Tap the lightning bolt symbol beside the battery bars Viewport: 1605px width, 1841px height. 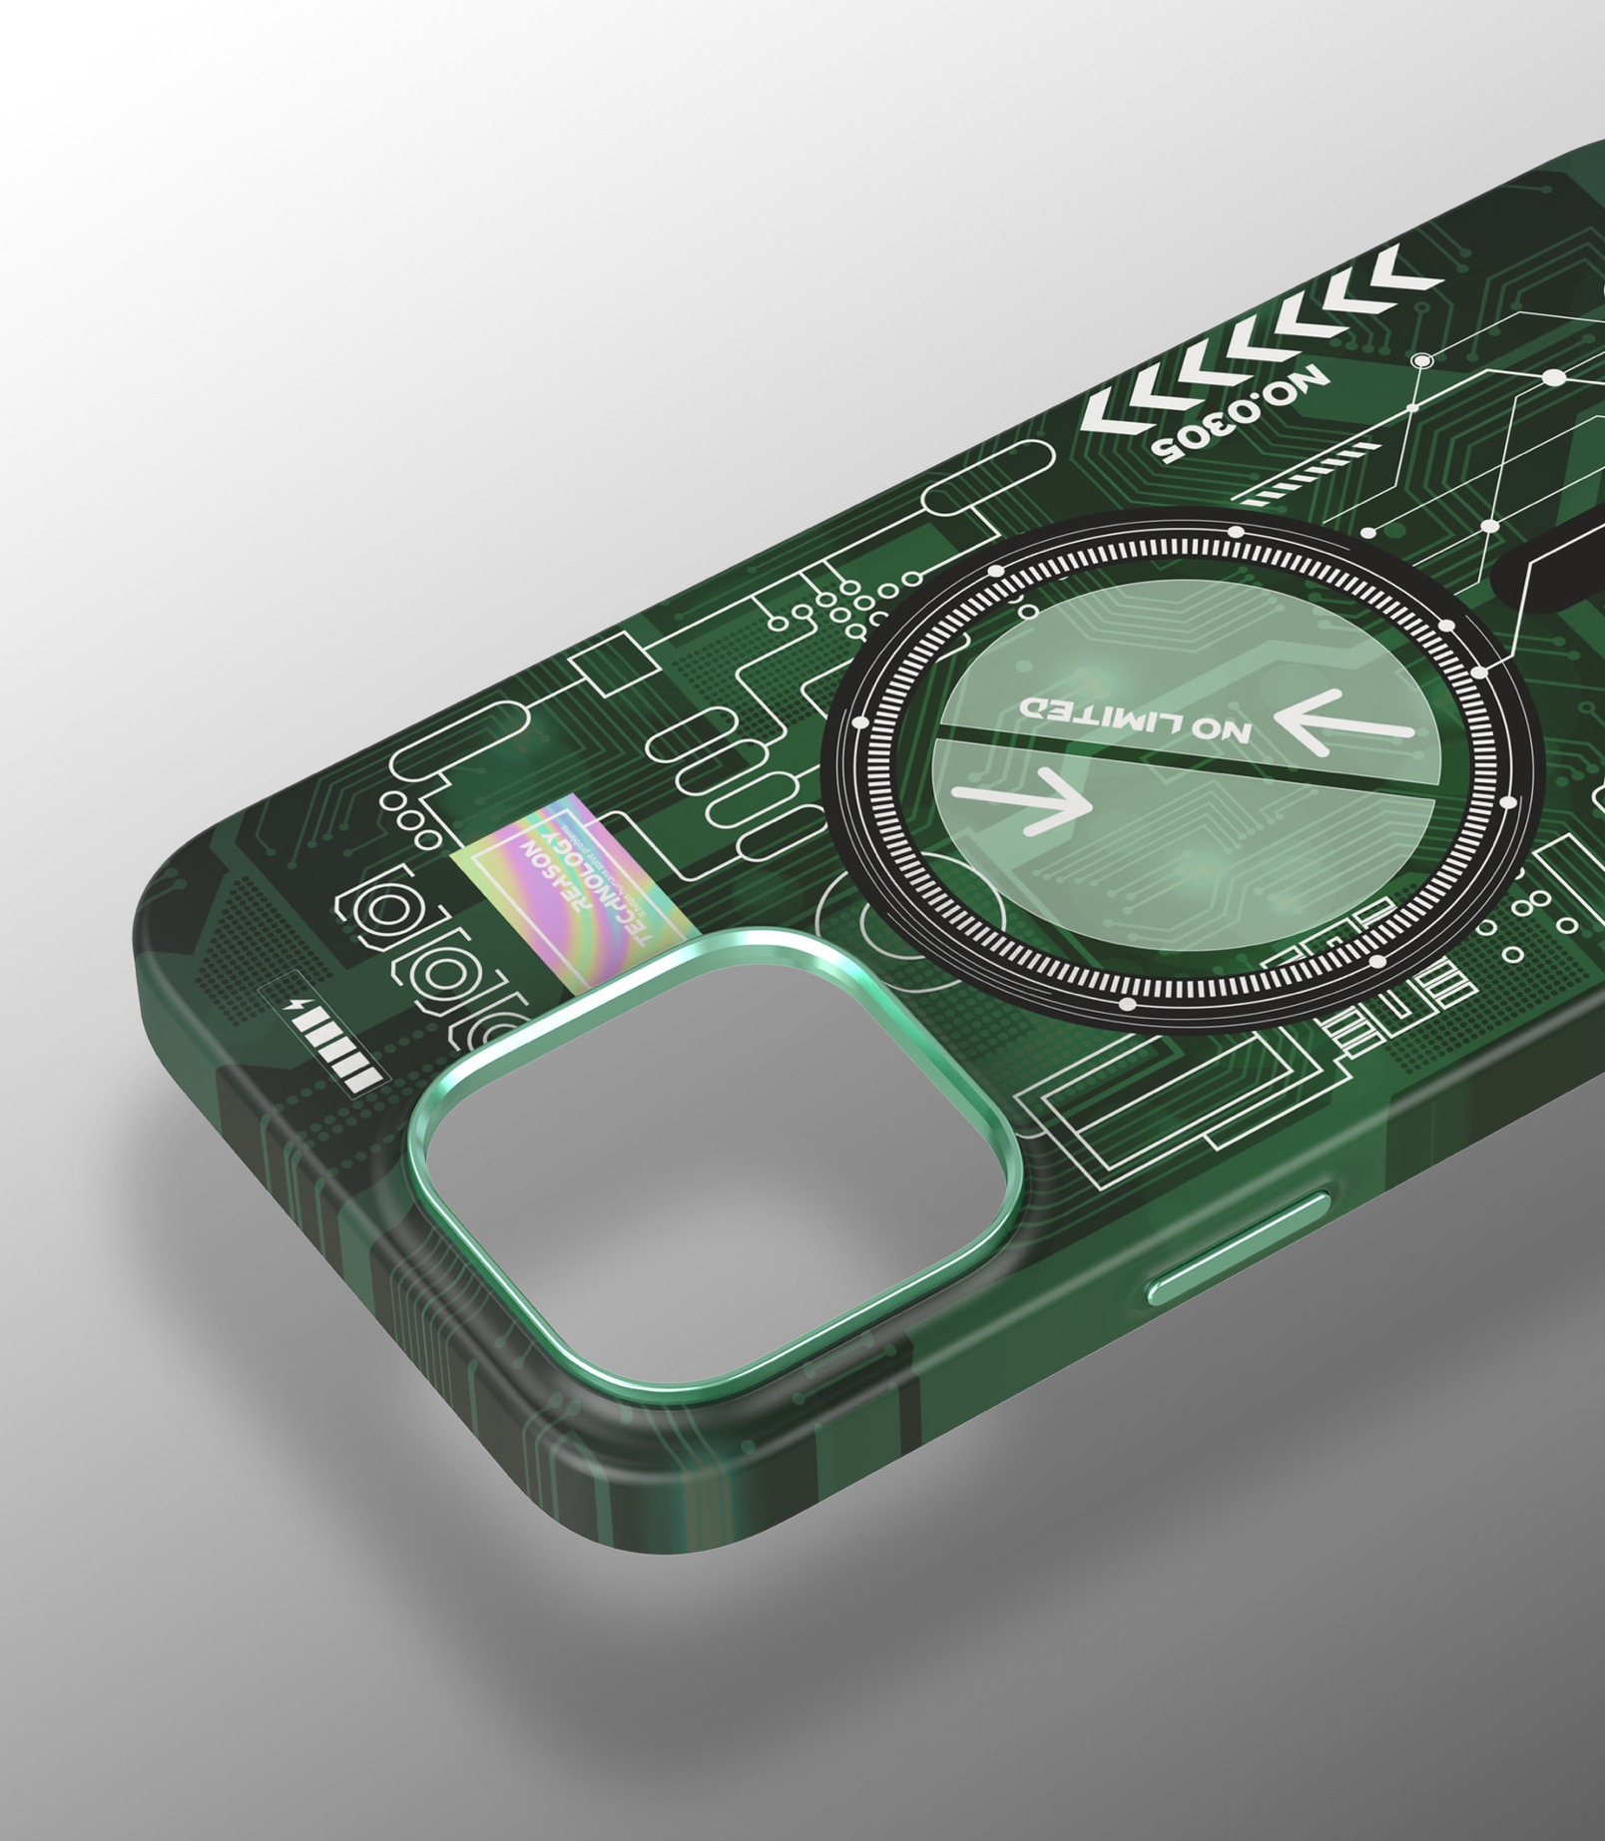[x=291, y=1007]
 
